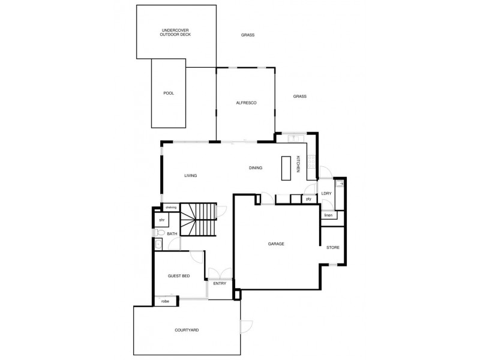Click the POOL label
tap(169, 94)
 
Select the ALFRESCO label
tap(246, 103)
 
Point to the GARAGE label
tap(275, 244)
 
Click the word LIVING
tap(191, 175)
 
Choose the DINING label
tap(256, 168)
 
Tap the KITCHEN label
tap(298, 165)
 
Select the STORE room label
tap(333, 247)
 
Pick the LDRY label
tap(326, 193)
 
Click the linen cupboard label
tap(328, 215)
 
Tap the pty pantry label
tap(309, 199)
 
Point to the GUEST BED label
tap(179, 276)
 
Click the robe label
tap(165, 301)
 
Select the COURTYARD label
tap(187, 331)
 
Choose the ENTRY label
tap(220, 284)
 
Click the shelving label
tap(171, 208)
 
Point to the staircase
tap(198, 220)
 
